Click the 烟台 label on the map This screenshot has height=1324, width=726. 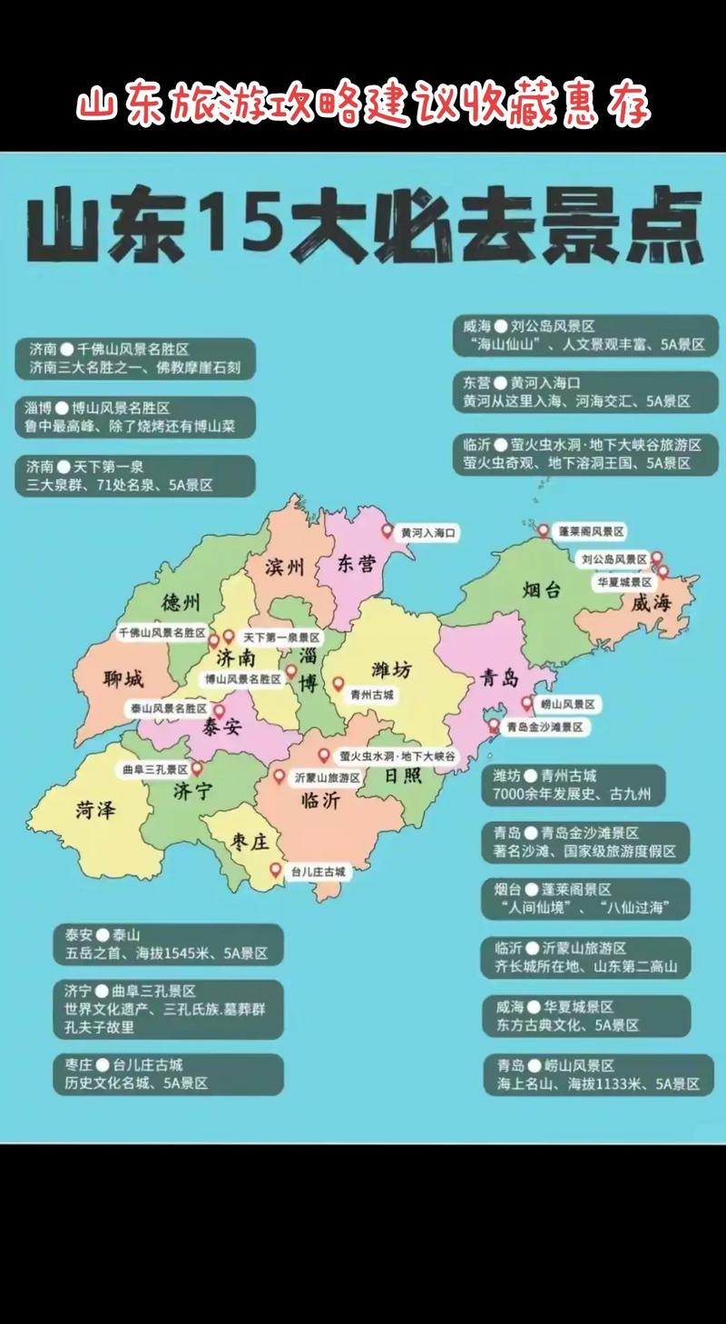point(542,588)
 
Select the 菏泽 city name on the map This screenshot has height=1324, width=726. point(95,810)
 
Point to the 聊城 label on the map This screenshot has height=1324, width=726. point(123,678)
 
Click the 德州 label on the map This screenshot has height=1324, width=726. point(181,602)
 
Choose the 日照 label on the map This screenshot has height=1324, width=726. point(402,776)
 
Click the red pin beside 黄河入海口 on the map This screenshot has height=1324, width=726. point(388,531)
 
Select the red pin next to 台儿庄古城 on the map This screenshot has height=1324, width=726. point(276,869)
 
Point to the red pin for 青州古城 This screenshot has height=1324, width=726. point(338,684)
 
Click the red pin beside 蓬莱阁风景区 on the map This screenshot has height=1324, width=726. point(543,530)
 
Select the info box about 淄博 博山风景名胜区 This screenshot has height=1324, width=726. point(134,417)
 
